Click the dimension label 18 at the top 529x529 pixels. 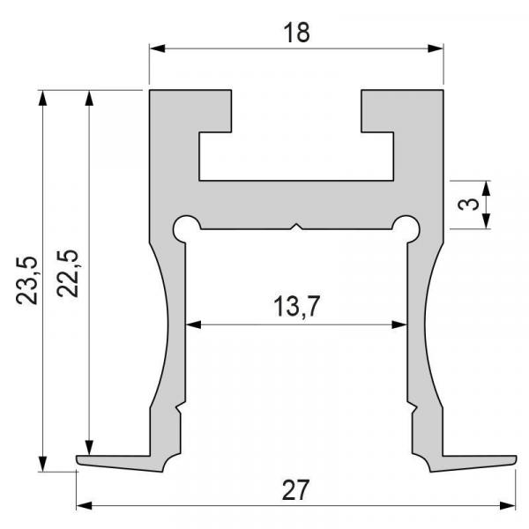296,33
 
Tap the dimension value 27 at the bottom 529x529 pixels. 295,490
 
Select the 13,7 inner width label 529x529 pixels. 296,306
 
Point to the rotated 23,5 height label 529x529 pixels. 27,280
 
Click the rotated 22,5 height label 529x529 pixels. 68,273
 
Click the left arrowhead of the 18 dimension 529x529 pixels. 157,48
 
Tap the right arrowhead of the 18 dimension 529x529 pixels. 436,48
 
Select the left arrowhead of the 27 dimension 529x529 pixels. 85,505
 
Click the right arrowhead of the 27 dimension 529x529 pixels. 508,505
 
